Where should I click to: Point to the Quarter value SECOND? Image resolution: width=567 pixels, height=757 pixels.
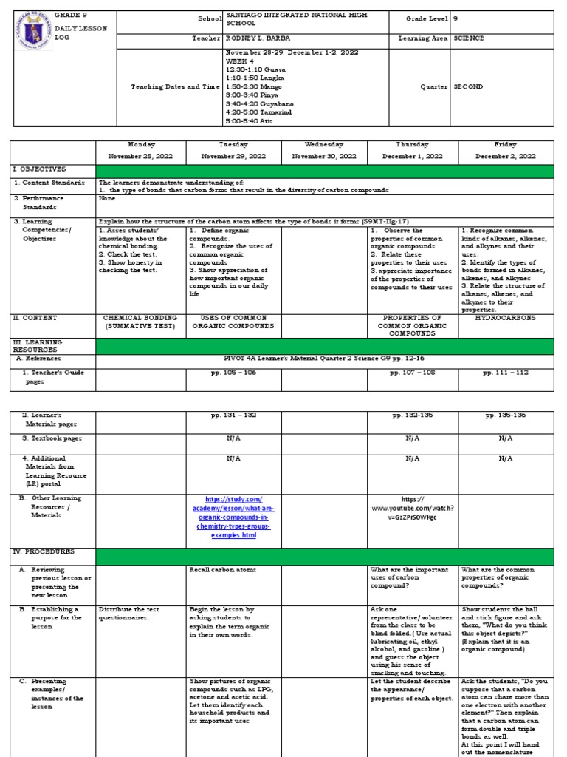click(x=469, y=86)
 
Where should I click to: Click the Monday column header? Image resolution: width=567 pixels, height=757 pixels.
click(x=142, y=145)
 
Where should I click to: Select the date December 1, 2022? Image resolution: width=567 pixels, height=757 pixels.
click(x=413, y=157)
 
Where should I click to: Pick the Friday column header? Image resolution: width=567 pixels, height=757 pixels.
click(x=506, y=145)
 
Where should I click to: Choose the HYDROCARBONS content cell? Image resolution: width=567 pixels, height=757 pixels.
click(x=506, y=317)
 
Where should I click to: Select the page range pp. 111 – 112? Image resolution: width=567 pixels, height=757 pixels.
click(x=506, y=373)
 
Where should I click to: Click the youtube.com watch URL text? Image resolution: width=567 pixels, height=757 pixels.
click(x=413, y=508)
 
